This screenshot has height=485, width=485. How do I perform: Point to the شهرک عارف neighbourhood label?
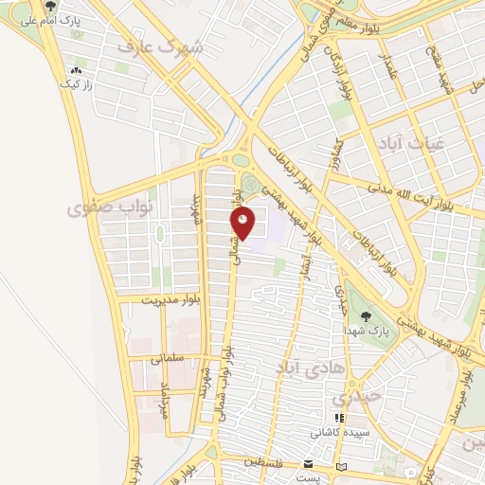pos(163,45)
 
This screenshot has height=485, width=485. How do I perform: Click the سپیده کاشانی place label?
pos(337,432)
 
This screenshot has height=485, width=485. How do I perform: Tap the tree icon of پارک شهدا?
pos(366,317)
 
